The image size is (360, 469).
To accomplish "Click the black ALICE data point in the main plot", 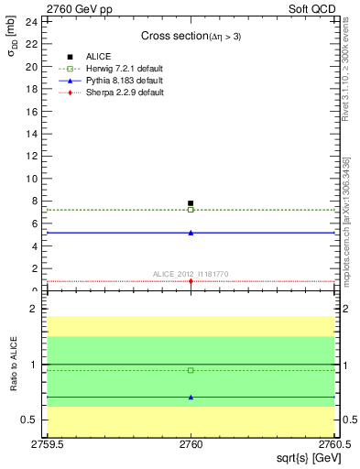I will pos(191,203).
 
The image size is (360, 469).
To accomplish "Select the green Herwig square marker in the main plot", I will pos(191,210).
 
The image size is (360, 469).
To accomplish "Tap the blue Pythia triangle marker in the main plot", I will pos(191,233).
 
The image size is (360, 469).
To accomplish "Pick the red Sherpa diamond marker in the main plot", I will pos(191,281).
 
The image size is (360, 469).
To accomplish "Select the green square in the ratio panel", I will pos(191,370).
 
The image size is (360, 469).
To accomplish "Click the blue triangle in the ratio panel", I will pos(191,397).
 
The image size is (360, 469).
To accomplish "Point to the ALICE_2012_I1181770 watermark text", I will pos(191,273).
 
